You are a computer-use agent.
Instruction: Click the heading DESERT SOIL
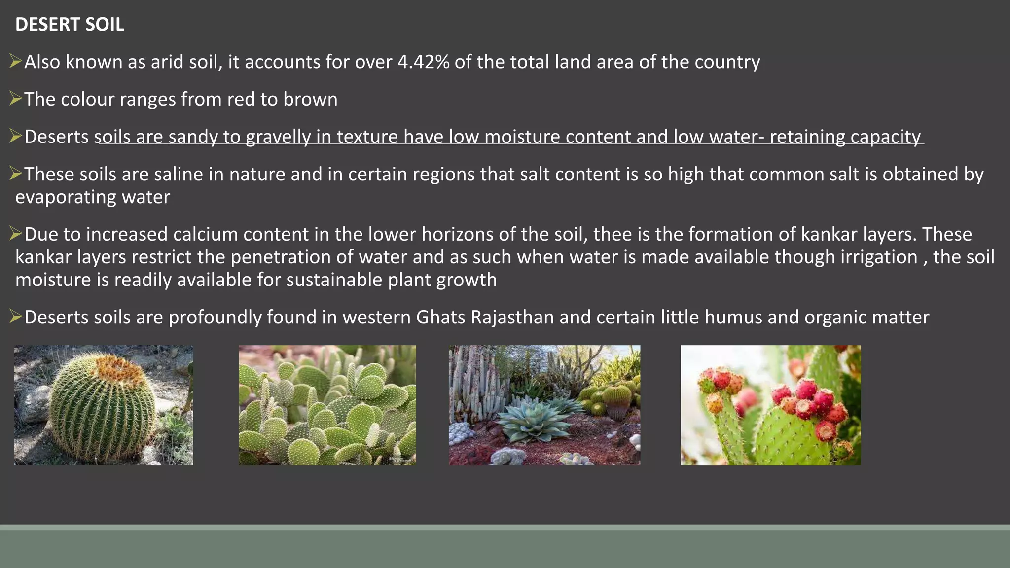70,24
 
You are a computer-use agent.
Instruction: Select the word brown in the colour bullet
310,100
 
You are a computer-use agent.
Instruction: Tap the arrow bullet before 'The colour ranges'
16,99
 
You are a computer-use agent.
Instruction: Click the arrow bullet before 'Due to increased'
16,234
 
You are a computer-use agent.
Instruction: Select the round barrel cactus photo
104,405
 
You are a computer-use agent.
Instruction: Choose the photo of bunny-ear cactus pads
327,405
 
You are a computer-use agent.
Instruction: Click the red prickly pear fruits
809,399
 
